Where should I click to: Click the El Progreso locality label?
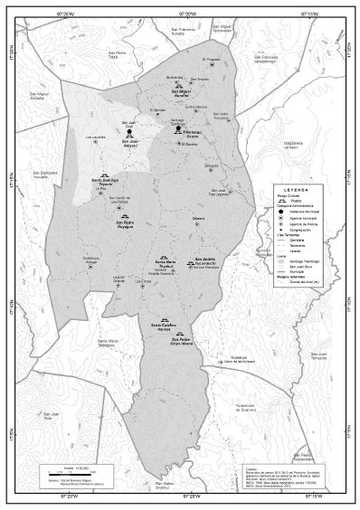(x=212, y=60)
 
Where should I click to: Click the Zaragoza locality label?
(x=212, y=165)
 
